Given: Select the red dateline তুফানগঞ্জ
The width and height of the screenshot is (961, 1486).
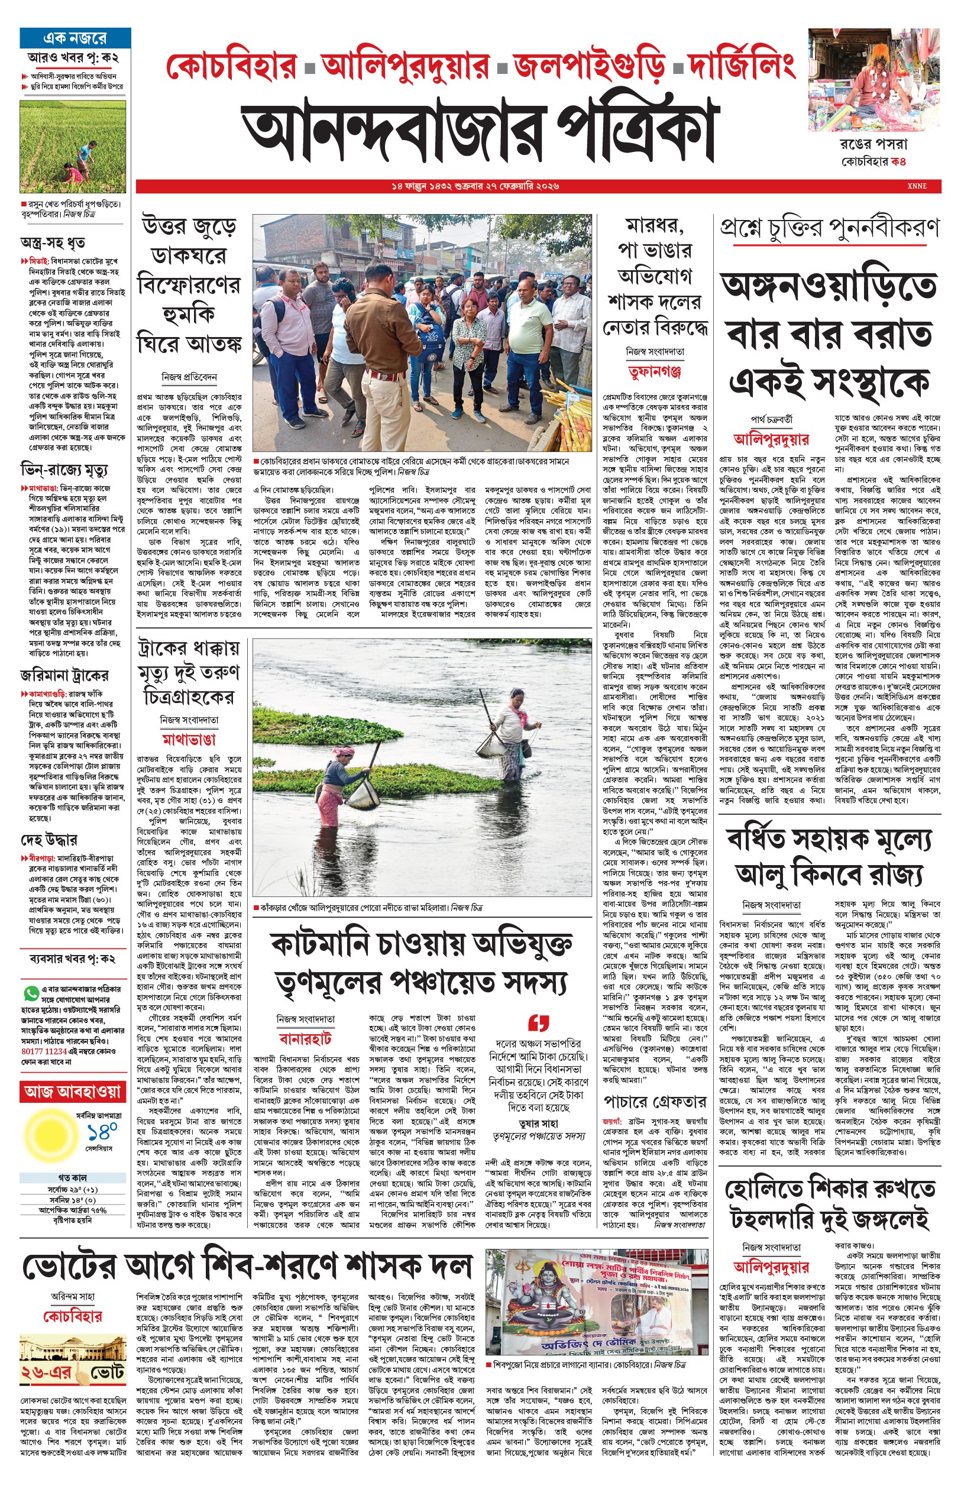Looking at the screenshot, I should click(x=655, y=372).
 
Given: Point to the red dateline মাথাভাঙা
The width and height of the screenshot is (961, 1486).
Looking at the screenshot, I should click(x=189, y=740).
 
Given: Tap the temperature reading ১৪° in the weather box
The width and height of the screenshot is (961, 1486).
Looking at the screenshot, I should click(x=102, y=1132).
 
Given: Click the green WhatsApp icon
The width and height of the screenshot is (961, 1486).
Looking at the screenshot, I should click(x=31, y=992).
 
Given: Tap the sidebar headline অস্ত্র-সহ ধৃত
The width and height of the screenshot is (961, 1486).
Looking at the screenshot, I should click(x=53, y=242).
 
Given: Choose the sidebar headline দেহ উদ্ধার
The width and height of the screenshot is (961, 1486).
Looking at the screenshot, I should click(x=48, y=840).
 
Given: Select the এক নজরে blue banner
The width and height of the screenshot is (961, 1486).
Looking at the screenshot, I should click(x=75, y=38).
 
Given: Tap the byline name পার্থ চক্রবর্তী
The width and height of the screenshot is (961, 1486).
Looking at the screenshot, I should click(x=771, y=419).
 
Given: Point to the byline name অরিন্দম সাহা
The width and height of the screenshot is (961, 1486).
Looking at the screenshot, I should click(x=73, y=1296).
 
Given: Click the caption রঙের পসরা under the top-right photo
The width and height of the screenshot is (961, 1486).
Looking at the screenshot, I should click(x=873, y=144).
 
